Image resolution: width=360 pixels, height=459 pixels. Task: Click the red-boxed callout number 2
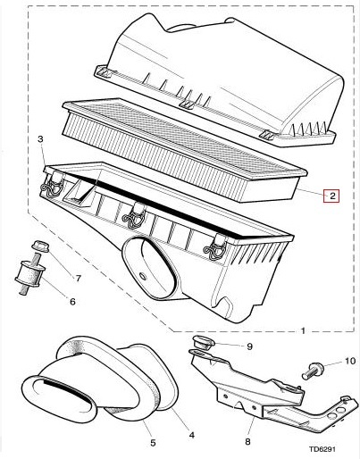coord(331,196)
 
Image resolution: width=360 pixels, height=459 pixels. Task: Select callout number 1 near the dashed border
coord(303,330)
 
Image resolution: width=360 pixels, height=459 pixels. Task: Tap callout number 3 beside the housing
coord(40,139)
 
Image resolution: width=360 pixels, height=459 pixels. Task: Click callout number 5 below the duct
coord(152,442)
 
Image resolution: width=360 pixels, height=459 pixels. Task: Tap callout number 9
coord(249,346)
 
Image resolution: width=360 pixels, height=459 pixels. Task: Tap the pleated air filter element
coord(179,147)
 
